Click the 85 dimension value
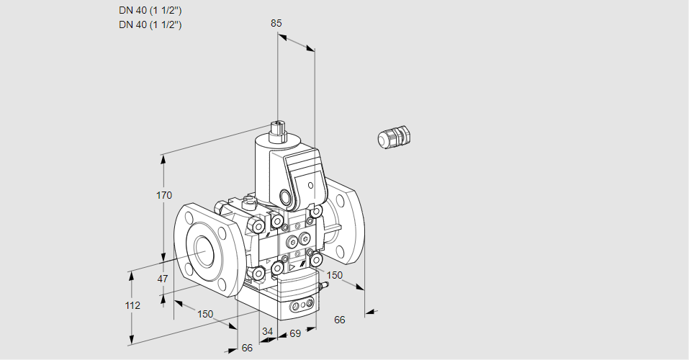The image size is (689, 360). pos(276,23)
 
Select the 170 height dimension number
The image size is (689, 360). pos(164,195)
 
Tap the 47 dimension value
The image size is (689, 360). pos(163,279)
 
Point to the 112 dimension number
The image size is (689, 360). pos(132,305)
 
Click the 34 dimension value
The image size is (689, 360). pos(267,331)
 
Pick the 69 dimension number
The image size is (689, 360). pos(295,333)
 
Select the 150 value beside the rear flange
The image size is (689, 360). pos(334,275)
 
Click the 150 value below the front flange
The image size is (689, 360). pos(205,315)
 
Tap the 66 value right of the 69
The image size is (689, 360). pos(340,320)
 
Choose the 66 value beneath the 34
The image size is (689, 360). pos(248,348)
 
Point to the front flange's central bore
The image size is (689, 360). pos(204,251)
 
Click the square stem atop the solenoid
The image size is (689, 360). pos(278,130)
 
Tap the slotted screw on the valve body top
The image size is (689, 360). pos(249,202)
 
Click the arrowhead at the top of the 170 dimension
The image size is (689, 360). pos(164,158)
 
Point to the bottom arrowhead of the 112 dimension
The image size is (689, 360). pos(131,341)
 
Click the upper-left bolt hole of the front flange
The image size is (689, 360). pos(189,217)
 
